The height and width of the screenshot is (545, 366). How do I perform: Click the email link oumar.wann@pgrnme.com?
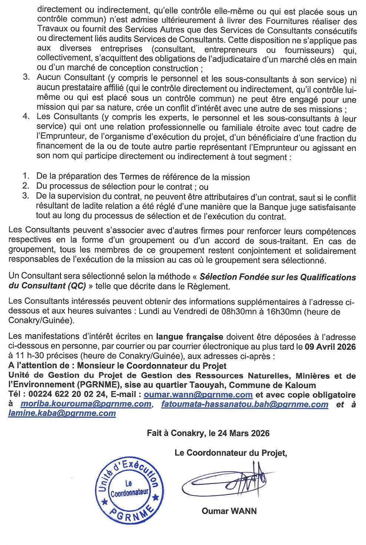click(198, 395)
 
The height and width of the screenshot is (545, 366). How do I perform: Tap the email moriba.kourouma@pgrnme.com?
click(86, 404)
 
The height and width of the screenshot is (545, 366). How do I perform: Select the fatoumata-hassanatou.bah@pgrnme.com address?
click(244, 404)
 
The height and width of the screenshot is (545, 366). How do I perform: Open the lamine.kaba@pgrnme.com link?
click(62, 413)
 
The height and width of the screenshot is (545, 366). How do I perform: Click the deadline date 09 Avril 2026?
click(330, 347)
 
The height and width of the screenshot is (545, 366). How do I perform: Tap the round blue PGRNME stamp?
click(129, 490)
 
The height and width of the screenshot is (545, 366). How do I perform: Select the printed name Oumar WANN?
click(229, 511)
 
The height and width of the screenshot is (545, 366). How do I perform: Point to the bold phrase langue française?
click(189, 337)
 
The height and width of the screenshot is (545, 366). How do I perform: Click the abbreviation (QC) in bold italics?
click(77, 286)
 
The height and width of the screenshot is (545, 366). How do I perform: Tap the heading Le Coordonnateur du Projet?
click(230, 453)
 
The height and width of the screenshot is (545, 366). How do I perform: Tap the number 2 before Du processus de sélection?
click(26, 186)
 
